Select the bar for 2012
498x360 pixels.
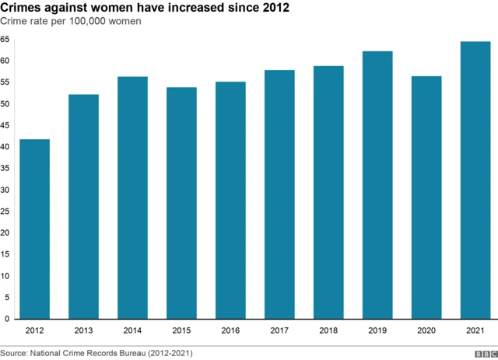[x=34, y=229]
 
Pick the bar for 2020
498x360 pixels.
[x=426, y=197]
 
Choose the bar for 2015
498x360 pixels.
[x=181, y=203]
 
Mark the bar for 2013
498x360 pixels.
[x=83, y=206]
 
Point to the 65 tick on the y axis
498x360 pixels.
[x=5, y=40]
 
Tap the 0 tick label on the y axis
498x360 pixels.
[x=6, y=319]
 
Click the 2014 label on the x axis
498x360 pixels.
[x=132, y=331]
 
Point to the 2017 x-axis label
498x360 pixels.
[x=279, y=331]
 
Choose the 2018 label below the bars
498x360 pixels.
[x=328, y=331]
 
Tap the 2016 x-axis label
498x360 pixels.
[x=230, y=331]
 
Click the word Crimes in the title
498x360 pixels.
[x=23, y=7]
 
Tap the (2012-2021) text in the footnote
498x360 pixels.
[x=168, y=353]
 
